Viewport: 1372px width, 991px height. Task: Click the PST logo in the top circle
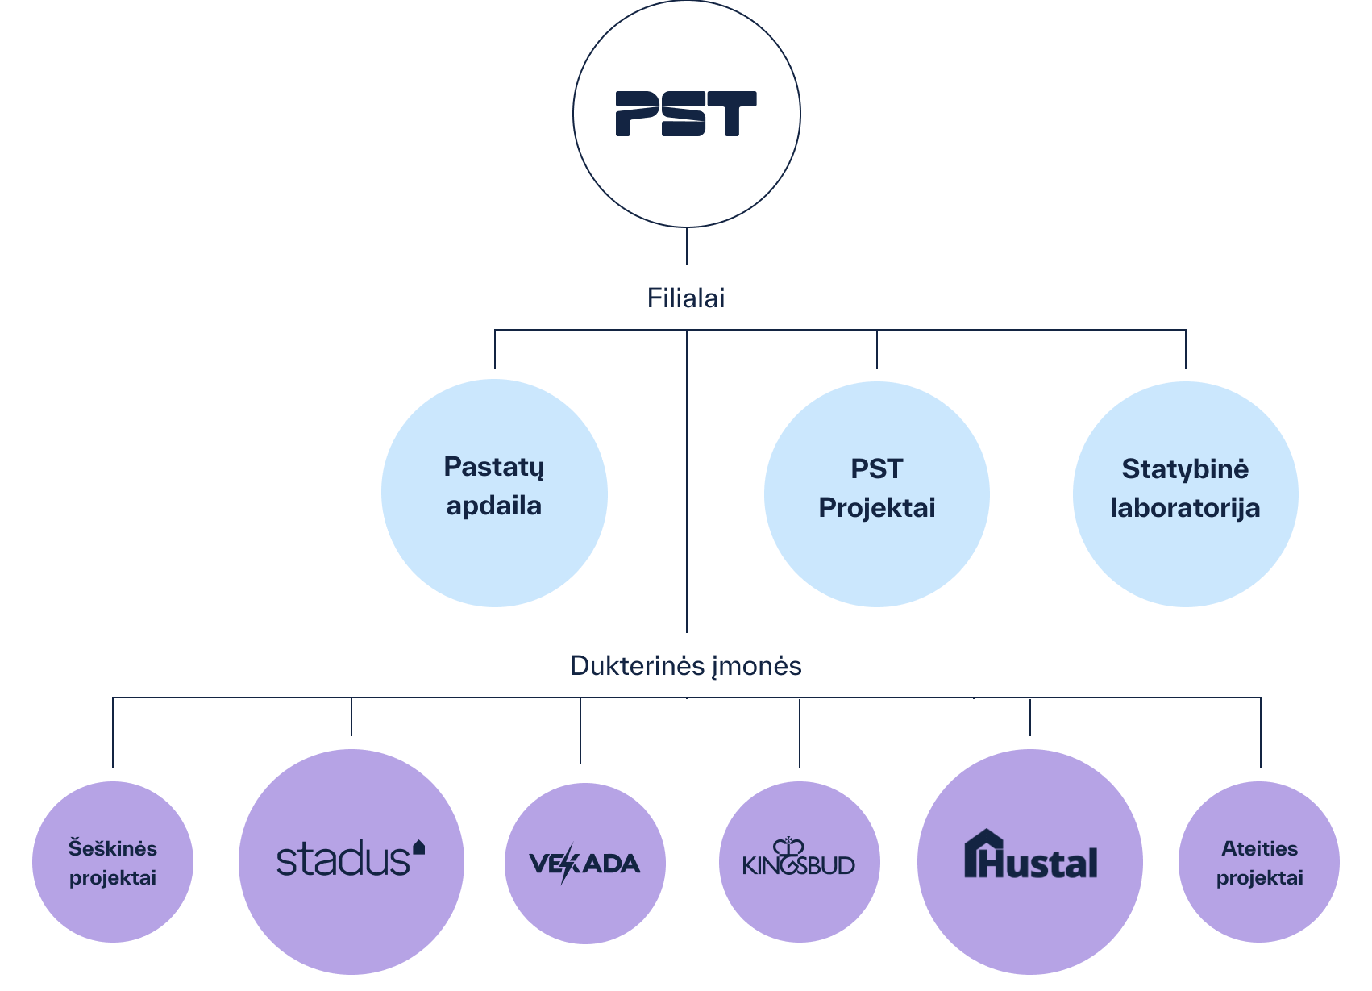click(686, 114)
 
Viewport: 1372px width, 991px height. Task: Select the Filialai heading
click(686, 298)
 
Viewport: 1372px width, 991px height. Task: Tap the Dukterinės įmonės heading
click(685, 666)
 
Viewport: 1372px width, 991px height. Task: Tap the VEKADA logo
click(584, 864)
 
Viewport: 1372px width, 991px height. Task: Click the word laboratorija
click(1185, 508)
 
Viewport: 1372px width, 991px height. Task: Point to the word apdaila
click(494, 506)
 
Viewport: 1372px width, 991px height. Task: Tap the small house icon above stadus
click(418, 847)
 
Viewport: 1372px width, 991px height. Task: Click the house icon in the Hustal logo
click(983, 853)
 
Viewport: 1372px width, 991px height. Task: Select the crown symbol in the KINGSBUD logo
click(788, 847)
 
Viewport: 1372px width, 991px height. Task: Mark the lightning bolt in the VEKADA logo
click(568, 864)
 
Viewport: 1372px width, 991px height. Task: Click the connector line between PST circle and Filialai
click(687, 246)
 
